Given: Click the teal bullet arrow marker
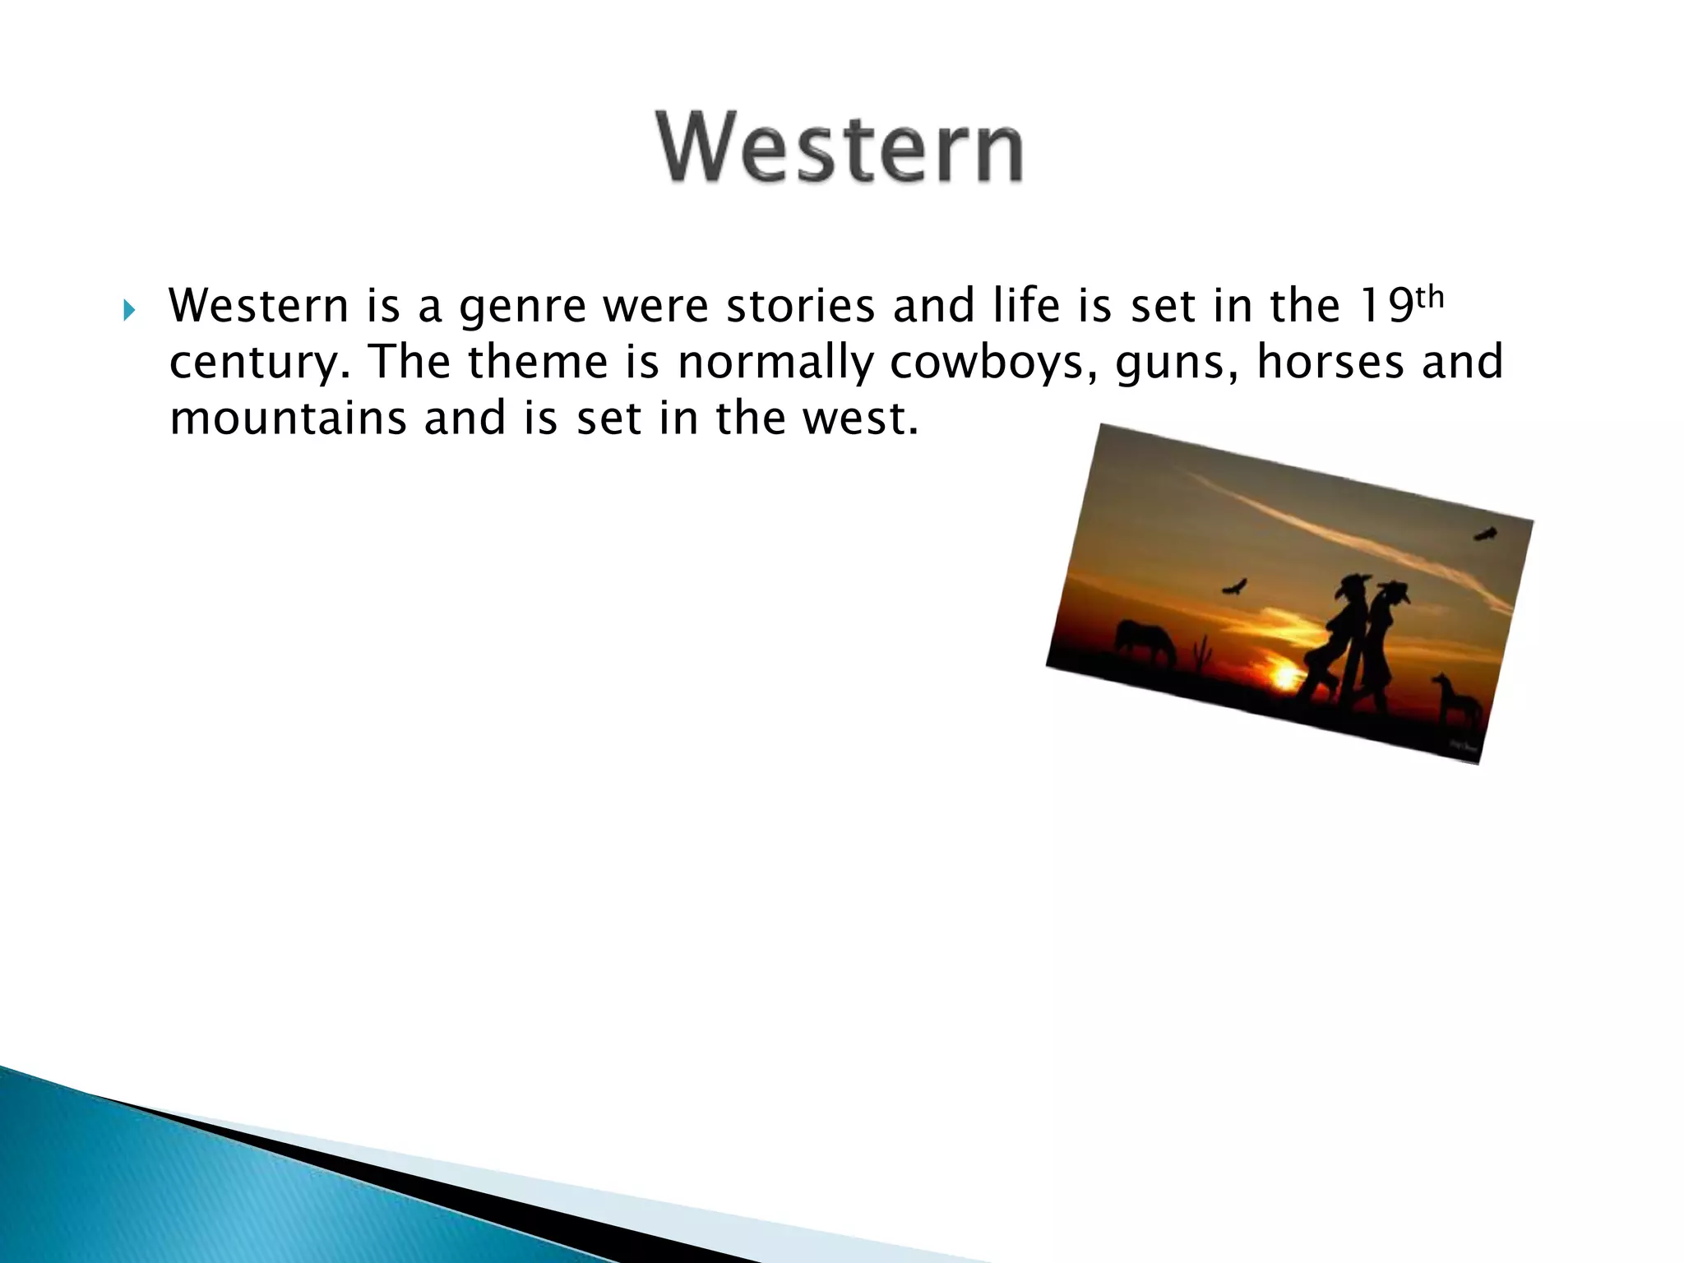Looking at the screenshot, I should coord(127,311).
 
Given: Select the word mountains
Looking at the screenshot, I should coord(288,418).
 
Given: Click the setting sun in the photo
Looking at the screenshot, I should coord(1284,676).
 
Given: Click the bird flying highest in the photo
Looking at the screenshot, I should coord(1485,534).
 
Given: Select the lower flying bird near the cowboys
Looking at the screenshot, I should coord(1234,587).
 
